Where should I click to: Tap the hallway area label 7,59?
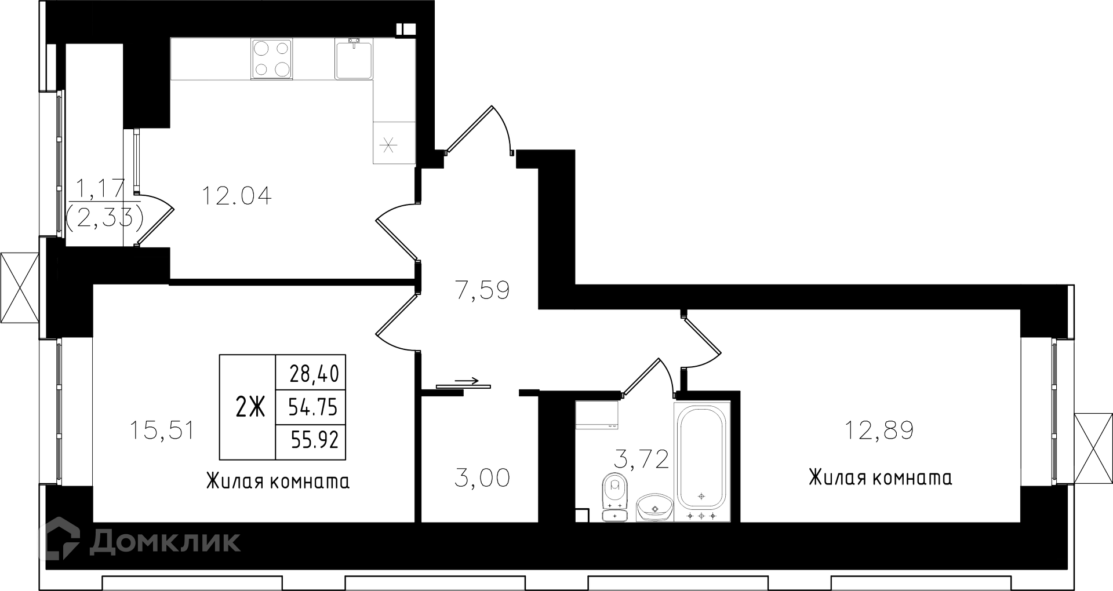click(482, 290)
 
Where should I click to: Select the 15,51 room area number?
click(162, 431)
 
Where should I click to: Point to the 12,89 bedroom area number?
click(879, 431)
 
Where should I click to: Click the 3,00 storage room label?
click(482, 479)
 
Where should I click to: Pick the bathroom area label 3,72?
click(641, 459)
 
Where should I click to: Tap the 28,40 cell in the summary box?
click(314, 373)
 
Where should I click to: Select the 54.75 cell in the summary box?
click(313, 407)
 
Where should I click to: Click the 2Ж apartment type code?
click(250, 408)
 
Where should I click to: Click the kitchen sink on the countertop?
click(354, 59)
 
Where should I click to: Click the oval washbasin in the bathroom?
click(655, 508)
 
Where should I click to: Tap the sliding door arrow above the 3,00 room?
click(467, 381)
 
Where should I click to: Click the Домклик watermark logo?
click(139, 541)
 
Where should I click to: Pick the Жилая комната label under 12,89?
click(880, 478)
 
